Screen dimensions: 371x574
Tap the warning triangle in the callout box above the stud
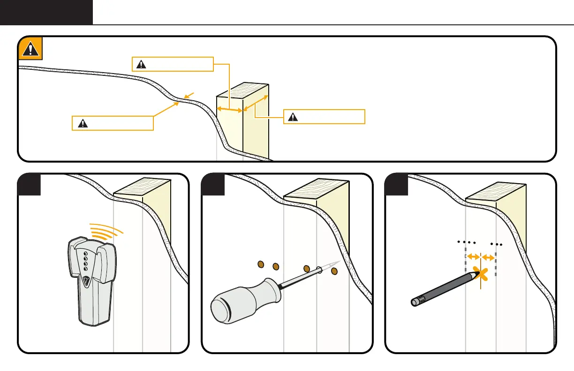point(139,64)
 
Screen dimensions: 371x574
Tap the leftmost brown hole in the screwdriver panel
point(261,266)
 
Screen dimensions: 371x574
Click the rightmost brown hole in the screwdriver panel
point(334,271)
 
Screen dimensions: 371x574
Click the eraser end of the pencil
point(415,302)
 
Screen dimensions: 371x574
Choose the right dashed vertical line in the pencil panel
point(496,265)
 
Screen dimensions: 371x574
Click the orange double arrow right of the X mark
point(489,257)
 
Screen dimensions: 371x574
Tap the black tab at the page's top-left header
point(46,12)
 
